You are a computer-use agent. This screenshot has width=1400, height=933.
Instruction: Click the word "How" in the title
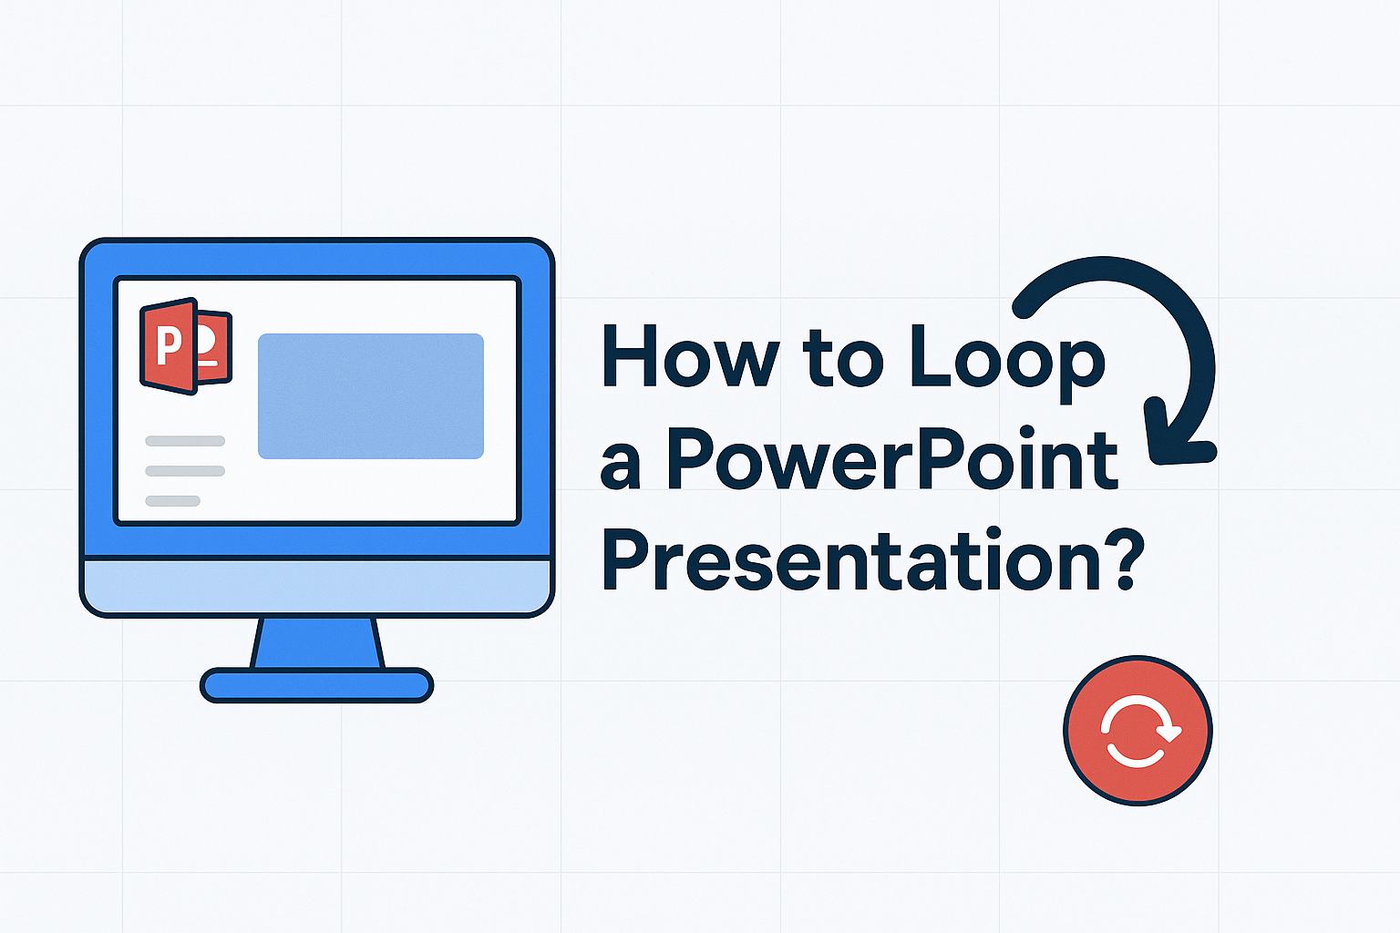point(690,357)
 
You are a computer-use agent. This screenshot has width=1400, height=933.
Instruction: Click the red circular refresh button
point(1137,731)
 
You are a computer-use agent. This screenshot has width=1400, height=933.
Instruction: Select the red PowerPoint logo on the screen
point(185,346)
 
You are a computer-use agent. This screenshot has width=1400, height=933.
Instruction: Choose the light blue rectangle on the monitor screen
point(370,395)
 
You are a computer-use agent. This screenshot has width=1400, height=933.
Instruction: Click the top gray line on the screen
point(185,441)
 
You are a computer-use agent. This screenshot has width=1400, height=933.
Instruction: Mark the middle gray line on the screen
point(185,471)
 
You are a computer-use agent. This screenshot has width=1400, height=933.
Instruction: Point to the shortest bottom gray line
point(173,500)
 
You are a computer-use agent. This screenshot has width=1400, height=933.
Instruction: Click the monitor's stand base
point(316,685)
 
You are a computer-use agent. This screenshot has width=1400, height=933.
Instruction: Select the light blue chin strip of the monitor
point(316,586)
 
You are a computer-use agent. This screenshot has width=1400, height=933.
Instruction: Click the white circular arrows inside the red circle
point(1138,732)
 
